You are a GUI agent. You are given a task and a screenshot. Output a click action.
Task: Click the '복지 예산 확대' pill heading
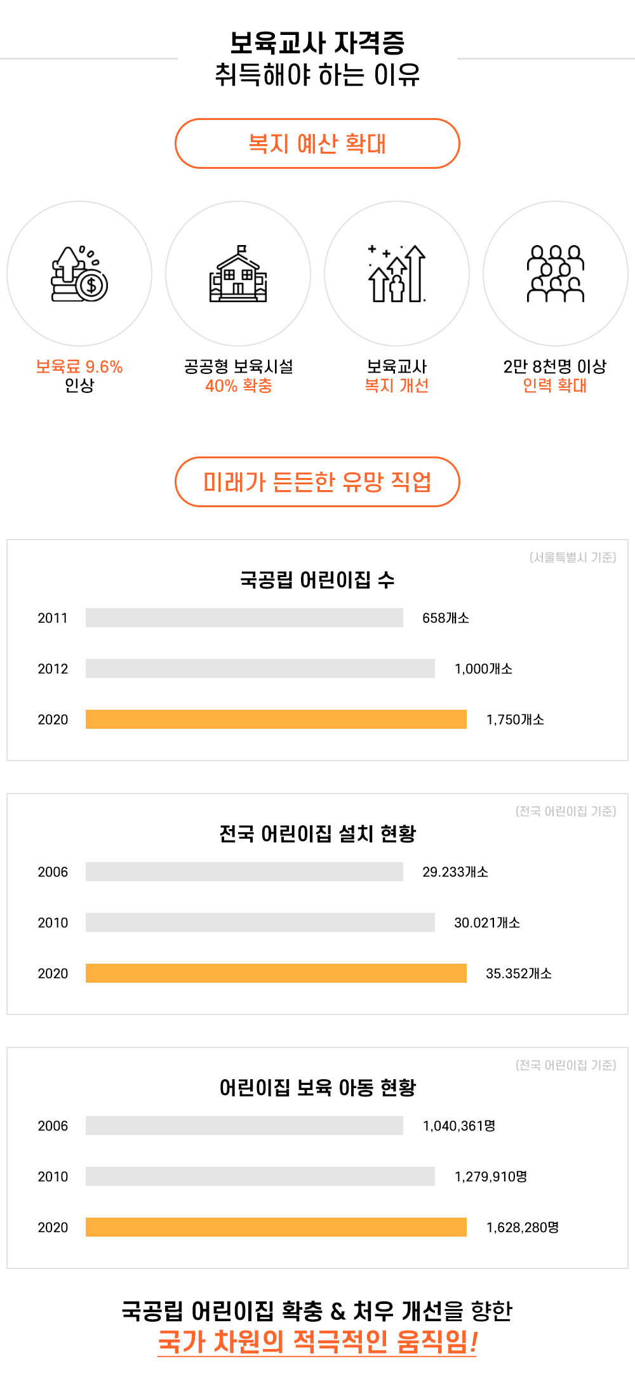point(317,143)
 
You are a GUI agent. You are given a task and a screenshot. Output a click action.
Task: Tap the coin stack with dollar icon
point(79,274)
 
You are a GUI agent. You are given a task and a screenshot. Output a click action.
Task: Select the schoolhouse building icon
point(238,274)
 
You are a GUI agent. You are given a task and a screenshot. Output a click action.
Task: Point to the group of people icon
point(555,274)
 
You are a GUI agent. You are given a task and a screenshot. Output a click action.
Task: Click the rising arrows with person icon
point(397,274)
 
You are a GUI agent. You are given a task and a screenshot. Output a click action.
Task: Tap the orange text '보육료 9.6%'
point(79,366)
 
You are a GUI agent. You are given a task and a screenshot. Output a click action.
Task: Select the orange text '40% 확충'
point(238,385)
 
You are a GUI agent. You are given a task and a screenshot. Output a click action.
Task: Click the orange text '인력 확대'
point(555,385)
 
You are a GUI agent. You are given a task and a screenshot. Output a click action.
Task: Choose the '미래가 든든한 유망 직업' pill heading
point(317,482)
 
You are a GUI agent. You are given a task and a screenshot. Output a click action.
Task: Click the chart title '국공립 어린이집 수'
point(317,580)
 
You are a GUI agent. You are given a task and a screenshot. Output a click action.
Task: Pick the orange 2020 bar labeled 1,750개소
point(276,719)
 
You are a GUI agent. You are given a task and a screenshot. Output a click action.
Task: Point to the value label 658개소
point(446,618)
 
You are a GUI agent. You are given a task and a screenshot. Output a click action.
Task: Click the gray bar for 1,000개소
point(260,668)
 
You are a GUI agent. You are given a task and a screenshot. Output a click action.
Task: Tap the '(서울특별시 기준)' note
point(573,557)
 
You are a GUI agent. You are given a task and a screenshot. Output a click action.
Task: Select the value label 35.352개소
point(519,973)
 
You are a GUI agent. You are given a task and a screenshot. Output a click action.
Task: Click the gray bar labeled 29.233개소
point(244,872)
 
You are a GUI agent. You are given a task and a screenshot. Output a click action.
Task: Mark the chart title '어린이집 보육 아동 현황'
point(317,1087)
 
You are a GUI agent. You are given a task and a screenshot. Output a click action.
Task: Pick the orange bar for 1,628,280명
point(276,1227)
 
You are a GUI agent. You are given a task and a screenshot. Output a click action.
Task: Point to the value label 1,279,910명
point(491,1176)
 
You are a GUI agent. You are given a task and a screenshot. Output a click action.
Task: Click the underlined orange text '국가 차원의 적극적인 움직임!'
point(317,1341)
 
